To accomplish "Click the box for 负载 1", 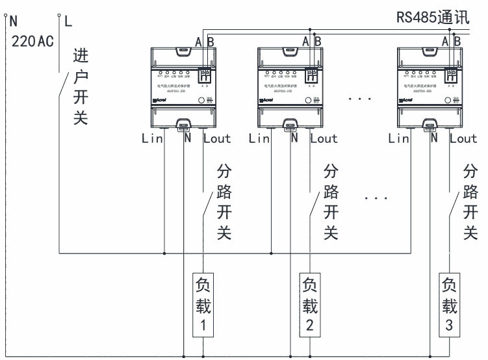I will tap(202, 304).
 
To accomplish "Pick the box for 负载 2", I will tap(310, 304).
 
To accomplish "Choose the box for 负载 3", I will tap(449, 304).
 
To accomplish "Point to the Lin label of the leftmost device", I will tap(153, 138).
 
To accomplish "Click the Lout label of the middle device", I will tap(324, 138).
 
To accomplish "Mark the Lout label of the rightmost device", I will tap(463, 138).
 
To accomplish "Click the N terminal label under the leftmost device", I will tap(186, 138).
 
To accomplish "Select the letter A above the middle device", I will tap(306, 40).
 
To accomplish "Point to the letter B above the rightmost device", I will tap(457, 40).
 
